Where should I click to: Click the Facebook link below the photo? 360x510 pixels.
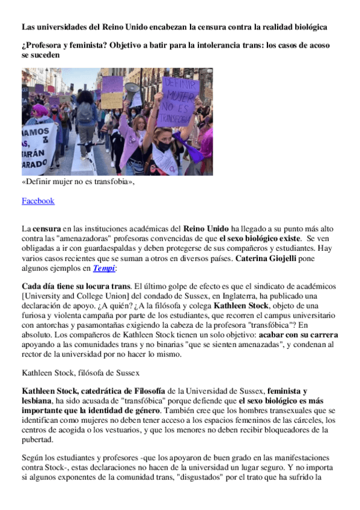point(38,201)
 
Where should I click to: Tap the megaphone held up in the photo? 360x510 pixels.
point(132,89)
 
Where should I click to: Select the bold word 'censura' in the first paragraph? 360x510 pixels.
point(46,230)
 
